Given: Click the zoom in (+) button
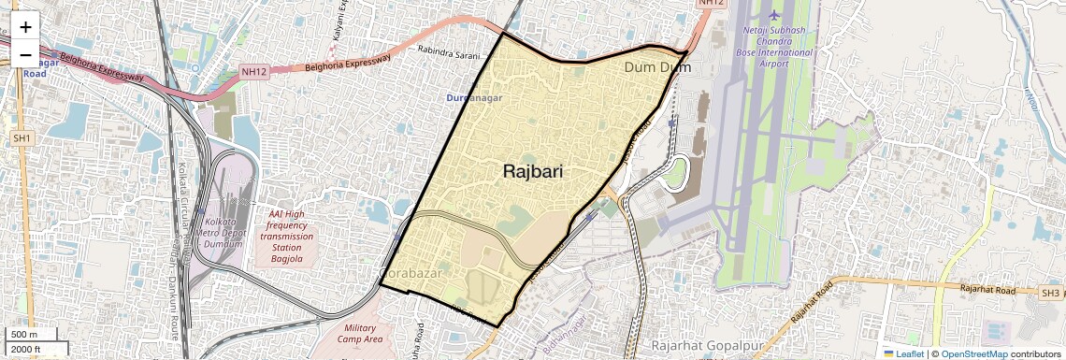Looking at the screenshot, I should (25, 27).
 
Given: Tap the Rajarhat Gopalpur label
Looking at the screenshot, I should (704, 345).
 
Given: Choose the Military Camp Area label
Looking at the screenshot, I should (359, 334).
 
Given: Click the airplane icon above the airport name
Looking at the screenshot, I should (773, 15).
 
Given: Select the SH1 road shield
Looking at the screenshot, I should (22, 138).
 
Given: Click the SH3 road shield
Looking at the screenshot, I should (1051, 294).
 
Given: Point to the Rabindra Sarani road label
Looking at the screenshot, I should (454, 53).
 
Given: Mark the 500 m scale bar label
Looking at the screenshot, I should (25, 335).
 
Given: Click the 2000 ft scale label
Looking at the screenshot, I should (28, 350).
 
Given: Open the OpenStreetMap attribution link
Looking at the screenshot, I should (973, 354).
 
